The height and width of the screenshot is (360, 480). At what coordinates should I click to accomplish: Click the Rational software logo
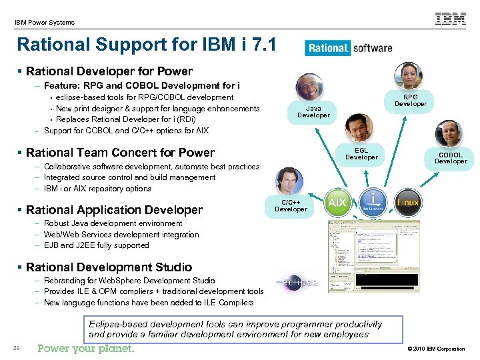(x=349, y=48)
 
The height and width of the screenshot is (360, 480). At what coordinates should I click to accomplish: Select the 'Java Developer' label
(x=313, y=111)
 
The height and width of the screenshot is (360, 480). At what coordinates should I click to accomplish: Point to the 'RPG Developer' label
(x=411, y=100)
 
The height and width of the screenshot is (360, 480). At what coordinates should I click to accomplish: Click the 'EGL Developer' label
(x=361, y=153)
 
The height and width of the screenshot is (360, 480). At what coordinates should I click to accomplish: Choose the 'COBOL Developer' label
(x=451, y=158)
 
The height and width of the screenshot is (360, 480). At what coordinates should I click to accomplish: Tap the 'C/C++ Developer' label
(x=291, y=205)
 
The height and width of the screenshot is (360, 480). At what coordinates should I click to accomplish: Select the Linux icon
(x=408, y=201)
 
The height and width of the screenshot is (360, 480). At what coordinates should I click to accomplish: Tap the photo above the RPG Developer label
(x=407, y=76)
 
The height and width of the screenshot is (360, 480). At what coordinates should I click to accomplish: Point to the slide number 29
(x=15, y=349)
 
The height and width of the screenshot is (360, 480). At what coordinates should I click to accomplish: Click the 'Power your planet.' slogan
(x=86, y=349)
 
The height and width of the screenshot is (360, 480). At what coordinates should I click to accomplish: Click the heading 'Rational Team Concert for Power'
(x=120, y=153)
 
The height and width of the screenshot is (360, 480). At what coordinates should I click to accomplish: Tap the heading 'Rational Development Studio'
(x=109, y=267)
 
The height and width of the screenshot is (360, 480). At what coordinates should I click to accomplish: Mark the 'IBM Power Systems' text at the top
(x=45, y=22)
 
